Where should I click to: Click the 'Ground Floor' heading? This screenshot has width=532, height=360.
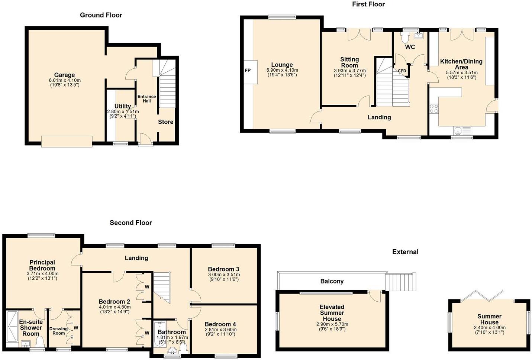point(101,15)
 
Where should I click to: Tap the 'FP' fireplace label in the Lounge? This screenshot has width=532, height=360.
point(248,70)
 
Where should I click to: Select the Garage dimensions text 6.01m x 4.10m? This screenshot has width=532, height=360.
point(65,80)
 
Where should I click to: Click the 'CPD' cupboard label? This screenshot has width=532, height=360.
point(402,71)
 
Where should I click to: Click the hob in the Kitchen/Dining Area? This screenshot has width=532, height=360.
point(434,108)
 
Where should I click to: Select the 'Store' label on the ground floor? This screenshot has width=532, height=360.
point(165,122)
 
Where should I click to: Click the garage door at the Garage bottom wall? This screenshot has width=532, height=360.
point(67,142)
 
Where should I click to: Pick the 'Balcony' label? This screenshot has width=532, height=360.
point(332,281)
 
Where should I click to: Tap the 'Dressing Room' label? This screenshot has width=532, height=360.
point(58,331)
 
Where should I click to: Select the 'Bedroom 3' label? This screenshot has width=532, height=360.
point(223,269)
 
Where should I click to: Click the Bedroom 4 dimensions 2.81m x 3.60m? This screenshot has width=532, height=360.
point(220,329)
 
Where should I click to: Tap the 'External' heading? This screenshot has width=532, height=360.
point(405,252)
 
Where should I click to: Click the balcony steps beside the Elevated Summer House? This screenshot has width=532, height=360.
point(401,282)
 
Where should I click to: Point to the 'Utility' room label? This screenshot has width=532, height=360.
point(122,106)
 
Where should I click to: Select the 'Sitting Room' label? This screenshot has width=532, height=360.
point(349,62)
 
